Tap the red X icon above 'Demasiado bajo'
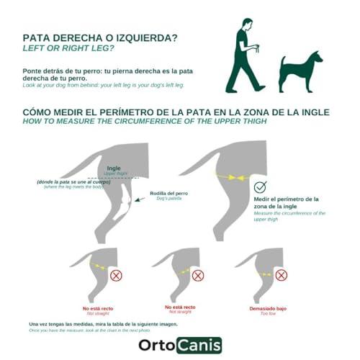(282, 275)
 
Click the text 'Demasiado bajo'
(266, 307)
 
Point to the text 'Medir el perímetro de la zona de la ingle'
(286, 202)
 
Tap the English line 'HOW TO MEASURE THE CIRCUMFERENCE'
(144, 122)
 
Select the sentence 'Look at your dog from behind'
(103, 85)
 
